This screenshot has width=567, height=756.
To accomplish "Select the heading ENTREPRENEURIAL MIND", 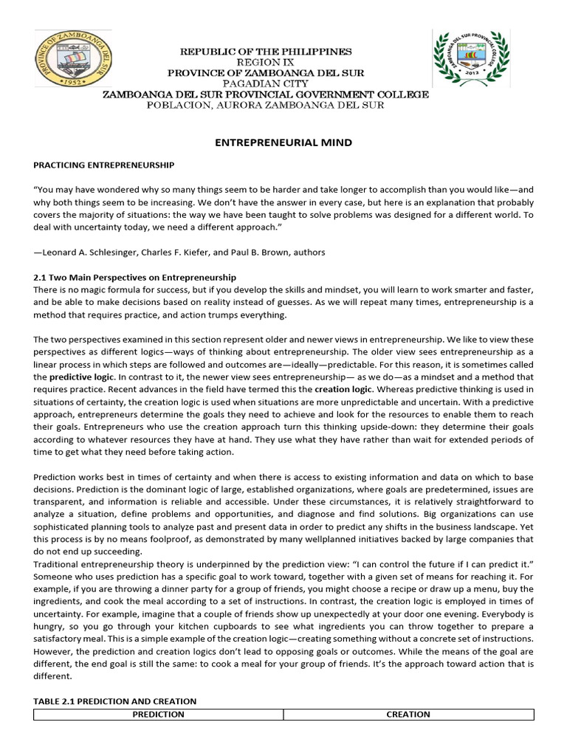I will coord(283,142).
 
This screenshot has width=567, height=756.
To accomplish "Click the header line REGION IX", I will coord(265,63).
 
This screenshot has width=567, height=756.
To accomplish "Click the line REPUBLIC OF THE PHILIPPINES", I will coord(265,52).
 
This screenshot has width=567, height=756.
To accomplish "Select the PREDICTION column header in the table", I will coord(158,714).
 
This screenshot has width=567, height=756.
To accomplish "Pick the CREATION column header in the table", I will coord(408,714).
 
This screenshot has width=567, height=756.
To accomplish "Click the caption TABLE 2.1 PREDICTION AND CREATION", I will coord(115,701).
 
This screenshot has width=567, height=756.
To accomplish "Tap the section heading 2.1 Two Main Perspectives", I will coord(135,278).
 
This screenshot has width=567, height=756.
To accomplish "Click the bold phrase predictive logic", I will coord(82,377).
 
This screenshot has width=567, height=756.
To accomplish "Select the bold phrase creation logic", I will coord(344,388).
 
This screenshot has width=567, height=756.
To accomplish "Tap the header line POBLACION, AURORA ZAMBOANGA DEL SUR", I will coord(265,106).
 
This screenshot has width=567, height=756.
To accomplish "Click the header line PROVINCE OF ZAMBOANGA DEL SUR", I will coord(265,73).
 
